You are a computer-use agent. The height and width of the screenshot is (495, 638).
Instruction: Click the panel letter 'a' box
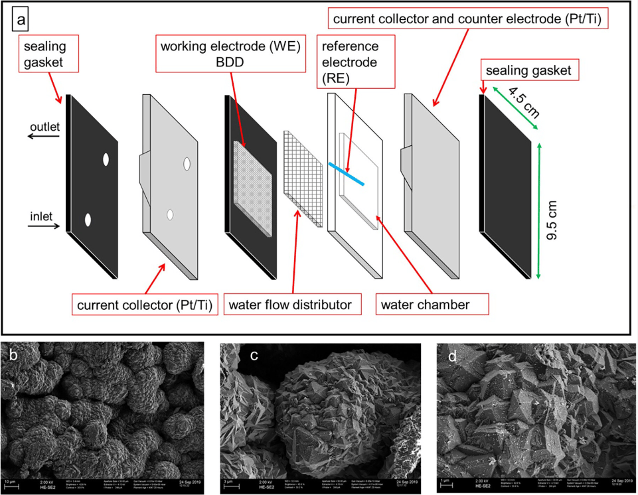click(x=22, y=21)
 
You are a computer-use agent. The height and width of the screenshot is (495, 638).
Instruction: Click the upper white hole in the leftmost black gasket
click(x=105, y=160)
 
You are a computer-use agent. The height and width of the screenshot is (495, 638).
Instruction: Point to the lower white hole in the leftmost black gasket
click(x=88, y=220)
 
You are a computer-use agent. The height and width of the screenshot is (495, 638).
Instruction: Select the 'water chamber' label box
click(x=432, y=306)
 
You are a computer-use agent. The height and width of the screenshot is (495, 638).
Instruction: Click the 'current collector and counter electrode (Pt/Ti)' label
click(x=467, y=21)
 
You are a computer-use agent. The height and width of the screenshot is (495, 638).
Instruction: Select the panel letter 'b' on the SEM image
click(x=14, y=354)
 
